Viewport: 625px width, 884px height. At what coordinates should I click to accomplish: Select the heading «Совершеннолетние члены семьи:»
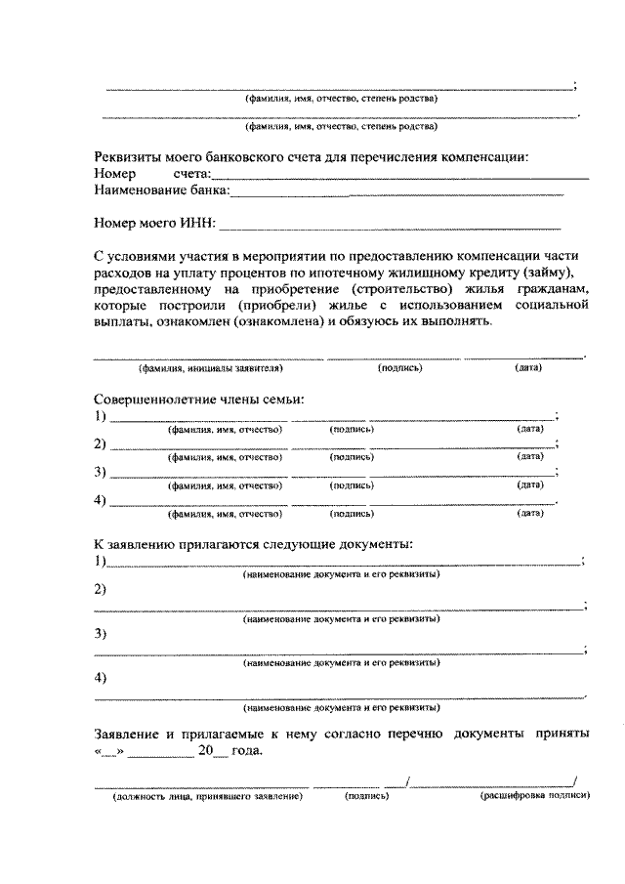[x=199, y=400]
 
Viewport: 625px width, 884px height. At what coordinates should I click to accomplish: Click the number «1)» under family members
[x=101, y=417]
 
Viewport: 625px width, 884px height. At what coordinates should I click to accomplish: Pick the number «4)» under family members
[x=101, y=501]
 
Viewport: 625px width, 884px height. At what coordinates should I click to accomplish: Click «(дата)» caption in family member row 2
[x=530, y=456]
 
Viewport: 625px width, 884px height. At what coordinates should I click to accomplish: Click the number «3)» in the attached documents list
[x=101, y=633]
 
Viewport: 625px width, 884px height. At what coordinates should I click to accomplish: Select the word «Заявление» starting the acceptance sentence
[x=131, y=733]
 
